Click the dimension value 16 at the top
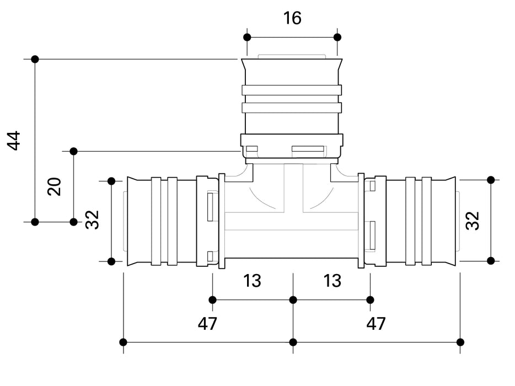(292, 18)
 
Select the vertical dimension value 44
(14, 141)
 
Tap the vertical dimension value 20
(54, 186)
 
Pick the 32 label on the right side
(473, 220)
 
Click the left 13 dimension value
(252, 281)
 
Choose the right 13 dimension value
(332, 281)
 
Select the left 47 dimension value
(207, 324)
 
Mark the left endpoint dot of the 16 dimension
(247, 37)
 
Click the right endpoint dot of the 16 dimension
(337, 37)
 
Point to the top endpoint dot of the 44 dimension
(35, 59)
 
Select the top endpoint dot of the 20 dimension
(73, 151)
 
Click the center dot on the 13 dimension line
(293, 300)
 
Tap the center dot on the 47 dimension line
(293, 342)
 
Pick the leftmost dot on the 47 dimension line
(124, 342)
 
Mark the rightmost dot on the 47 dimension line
(460, 342)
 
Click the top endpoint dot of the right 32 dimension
(491, 180)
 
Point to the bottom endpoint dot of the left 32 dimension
(111, 261)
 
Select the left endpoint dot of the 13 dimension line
(212, 300)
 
